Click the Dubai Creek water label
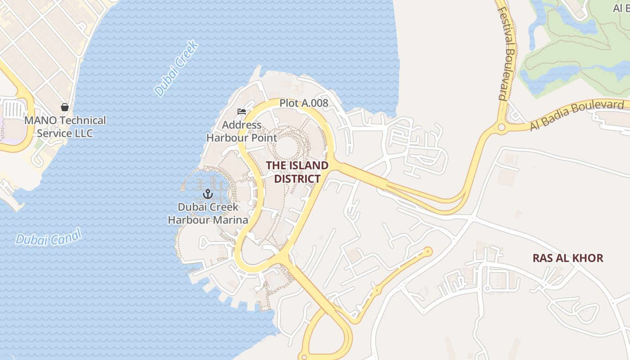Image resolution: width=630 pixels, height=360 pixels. click(176, 68)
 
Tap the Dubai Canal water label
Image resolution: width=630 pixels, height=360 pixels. click(48, 237)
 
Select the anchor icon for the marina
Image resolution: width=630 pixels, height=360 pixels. click(207, 194)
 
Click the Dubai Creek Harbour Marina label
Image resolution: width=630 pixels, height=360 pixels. click(208, 213)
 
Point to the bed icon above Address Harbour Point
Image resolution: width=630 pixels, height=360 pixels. click(242, 112)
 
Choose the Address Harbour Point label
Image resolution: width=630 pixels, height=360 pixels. click(242, 131)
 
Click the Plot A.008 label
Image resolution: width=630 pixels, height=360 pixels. click(304, 103)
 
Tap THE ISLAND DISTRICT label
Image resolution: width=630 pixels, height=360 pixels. click(297, 172)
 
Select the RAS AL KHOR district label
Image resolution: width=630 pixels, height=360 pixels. click(568, 258)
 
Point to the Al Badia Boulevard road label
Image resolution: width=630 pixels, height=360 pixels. click(577, 115)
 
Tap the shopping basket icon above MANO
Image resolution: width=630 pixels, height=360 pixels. click(65, 107)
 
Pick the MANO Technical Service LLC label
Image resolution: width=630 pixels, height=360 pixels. click(65, 127)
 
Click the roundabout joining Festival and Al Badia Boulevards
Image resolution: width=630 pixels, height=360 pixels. click(501, 128)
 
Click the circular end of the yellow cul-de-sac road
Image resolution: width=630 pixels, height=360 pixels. click(427, 252)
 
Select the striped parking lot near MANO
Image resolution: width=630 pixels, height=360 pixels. click(13, 110)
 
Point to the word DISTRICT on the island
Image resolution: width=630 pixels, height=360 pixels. click(297, 179)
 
